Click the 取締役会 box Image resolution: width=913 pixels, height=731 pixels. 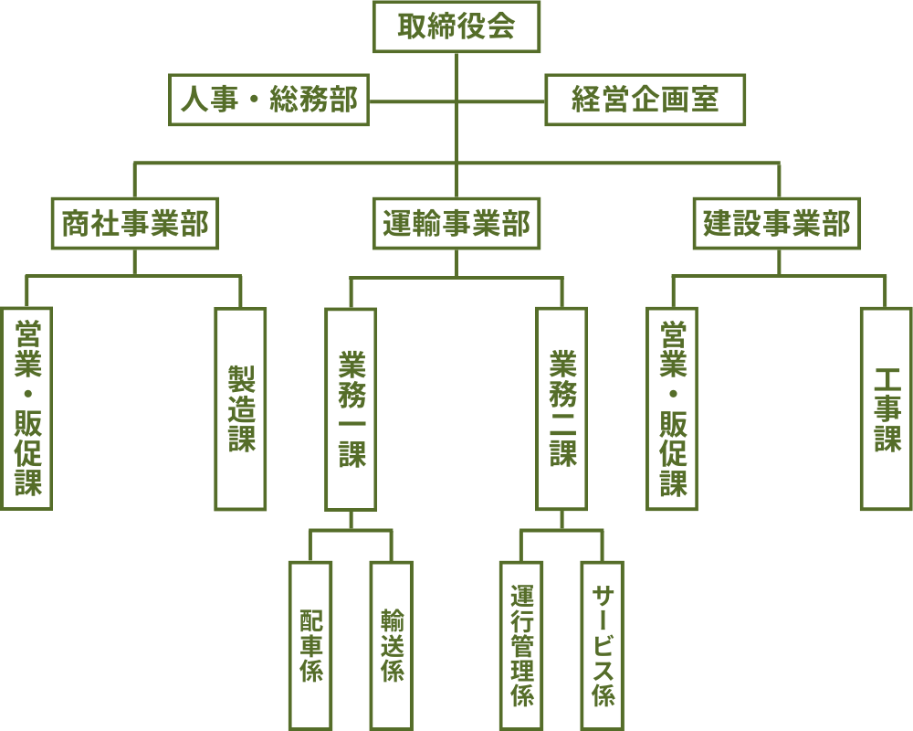tap(456, 26)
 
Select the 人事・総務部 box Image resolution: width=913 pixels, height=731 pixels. tap(269, 100)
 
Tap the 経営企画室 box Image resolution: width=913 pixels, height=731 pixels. tap(645, 100)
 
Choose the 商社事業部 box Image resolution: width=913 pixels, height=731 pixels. tap(135, 223)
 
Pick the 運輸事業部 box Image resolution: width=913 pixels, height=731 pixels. tap(456, 223)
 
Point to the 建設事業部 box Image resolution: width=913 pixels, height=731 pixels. tap(778, 223)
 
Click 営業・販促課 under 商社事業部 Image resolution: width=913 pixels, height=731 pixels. tap(27, 408)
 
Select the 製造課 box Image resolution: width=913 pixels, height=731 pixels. tap(241, 408)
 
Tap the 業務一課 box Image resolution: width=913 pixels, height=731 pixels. tap(352, 408)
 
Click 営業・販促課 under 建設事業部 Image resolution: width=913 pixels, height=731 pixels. tap(673, 408)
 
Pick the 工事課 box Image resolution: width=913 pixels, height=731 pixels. tap(886, 408)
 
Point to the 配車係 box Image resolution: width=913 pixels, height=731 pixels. tap(310, 645)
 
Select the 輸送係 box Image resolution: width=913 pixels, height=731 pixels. tap(392, 645)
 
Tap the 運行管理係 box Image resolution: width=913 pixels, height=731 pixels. tap(522, 645)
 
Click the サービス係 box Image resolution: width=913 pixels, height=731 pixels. tap(603, 645)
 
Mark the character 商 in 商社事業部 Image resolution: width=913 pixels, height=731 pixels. tap(77, 223)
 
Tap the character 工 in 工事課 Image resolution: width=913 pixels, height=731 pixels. tap(887, 379)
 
